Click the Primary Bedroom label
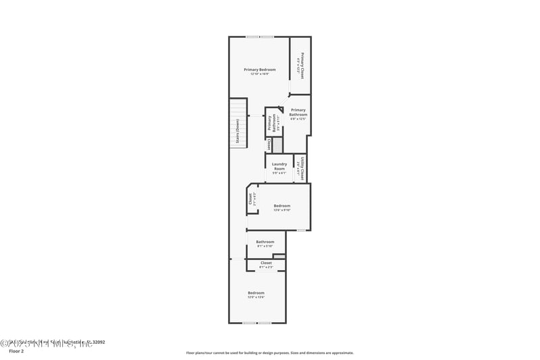point(260,70)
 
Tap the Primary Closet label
point(302,66)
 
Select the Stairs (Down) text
point(238,132)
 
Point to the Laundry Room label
point(279,165)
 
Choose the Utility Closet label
point(302,169)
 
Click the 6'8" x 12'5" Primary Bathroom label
point(298,112)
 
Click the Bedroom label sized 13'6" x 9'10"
point(281,205)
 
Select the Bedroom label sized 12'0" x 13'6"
point(256,292)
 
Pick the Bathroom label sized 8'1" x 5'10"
point(265,242)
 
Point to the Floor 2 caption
point(16,351)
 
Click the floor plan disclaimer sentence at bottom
point(269,353)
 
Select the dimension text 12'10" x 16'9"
point(260,74)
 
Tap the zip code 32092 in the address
point(97,342)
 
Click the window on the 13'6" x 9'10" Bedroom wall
point(301,230)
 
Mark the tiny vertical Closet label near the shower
point(269,145)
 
